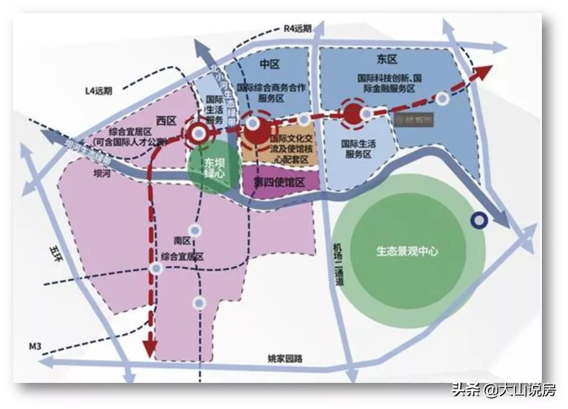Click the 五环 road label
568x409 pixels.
55,255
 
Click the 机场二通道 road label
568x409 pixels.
340,264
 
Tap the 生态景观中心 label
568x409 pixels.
407,252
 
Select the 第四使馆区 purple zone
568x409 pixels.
279,181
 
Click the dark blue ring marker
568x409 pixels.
479,219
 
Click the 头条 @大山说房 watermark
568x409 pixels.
503,390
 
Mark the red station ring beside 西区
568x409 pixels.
198,132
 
